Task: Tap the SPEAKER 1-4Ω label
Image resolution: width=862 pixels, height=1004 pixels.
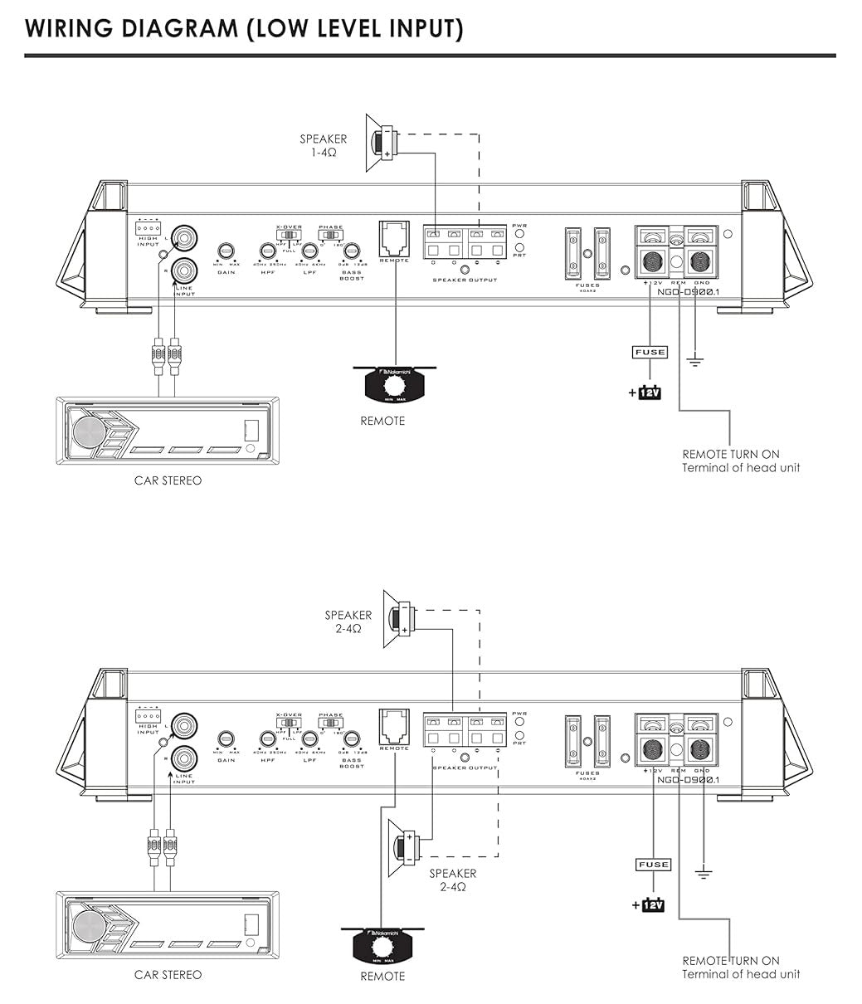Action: pos(324,146)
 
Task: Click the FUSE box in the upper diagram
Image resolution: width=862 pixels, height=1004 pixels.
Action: pos(650,352)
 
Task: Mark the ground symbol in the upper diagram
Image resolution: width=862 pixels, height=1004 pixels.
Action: pos(695,360)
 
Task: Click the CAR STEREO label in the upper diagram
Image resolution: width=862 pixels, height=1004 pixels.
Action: pos(168,480)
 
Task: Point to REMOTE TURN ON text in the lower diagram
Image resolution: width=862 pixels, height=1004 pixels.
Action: pos(731,960)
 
